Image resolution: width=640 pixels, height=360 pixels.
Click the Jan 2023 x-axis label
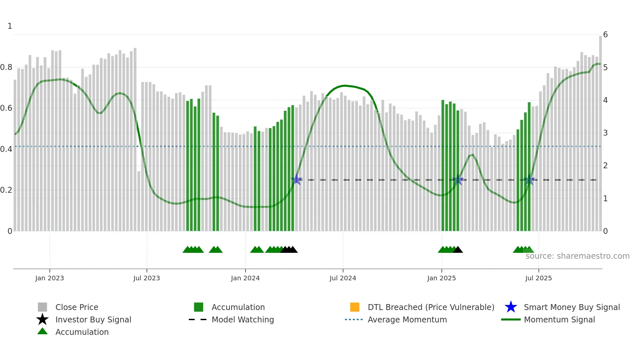pyautogui.click(x=50, y=278)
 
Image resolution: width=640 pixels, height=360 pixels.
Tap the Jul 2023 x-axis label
pyautogui.click(x=147, y=278)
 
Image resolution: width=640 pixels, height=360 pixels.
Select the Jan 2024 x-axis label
pyautogui.click(x=245, y=278)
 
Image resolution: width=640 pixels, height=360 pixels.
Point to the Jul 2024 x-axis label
pyautogui.click(x=343, y=278)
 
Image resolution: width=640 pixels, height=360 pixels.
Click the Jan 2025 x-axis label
pyautogui.click(x=441, y=278)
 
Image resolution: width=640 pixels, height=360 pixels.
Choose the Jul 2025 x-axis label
pyautogui.click(x=538, y=278)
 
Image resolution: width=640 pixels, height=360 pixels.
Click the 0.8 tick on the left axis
pyautogui.click(x=6, y=67)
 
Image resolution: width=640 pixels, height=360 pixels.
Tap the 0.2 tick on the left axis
pyautogui.click(x=6, y=190)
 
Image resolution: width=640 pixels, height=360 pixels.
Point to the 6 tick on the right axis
pyautogui.click(x=605, y=35)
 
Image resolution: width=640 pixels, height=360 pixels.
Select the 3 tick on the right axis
pyautogui.click(x=605, y=133)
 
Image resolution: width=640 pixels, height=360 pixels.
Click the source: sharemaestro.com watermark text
pyautogui.click(x=577, y=256)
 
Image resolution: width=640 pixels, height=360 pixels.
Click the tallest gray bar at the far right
pyautogui.click(x=600, y=131)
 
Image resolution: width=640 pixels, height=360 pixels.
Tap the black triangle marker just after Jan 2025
pyautogui.click(x=458, y=250)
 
